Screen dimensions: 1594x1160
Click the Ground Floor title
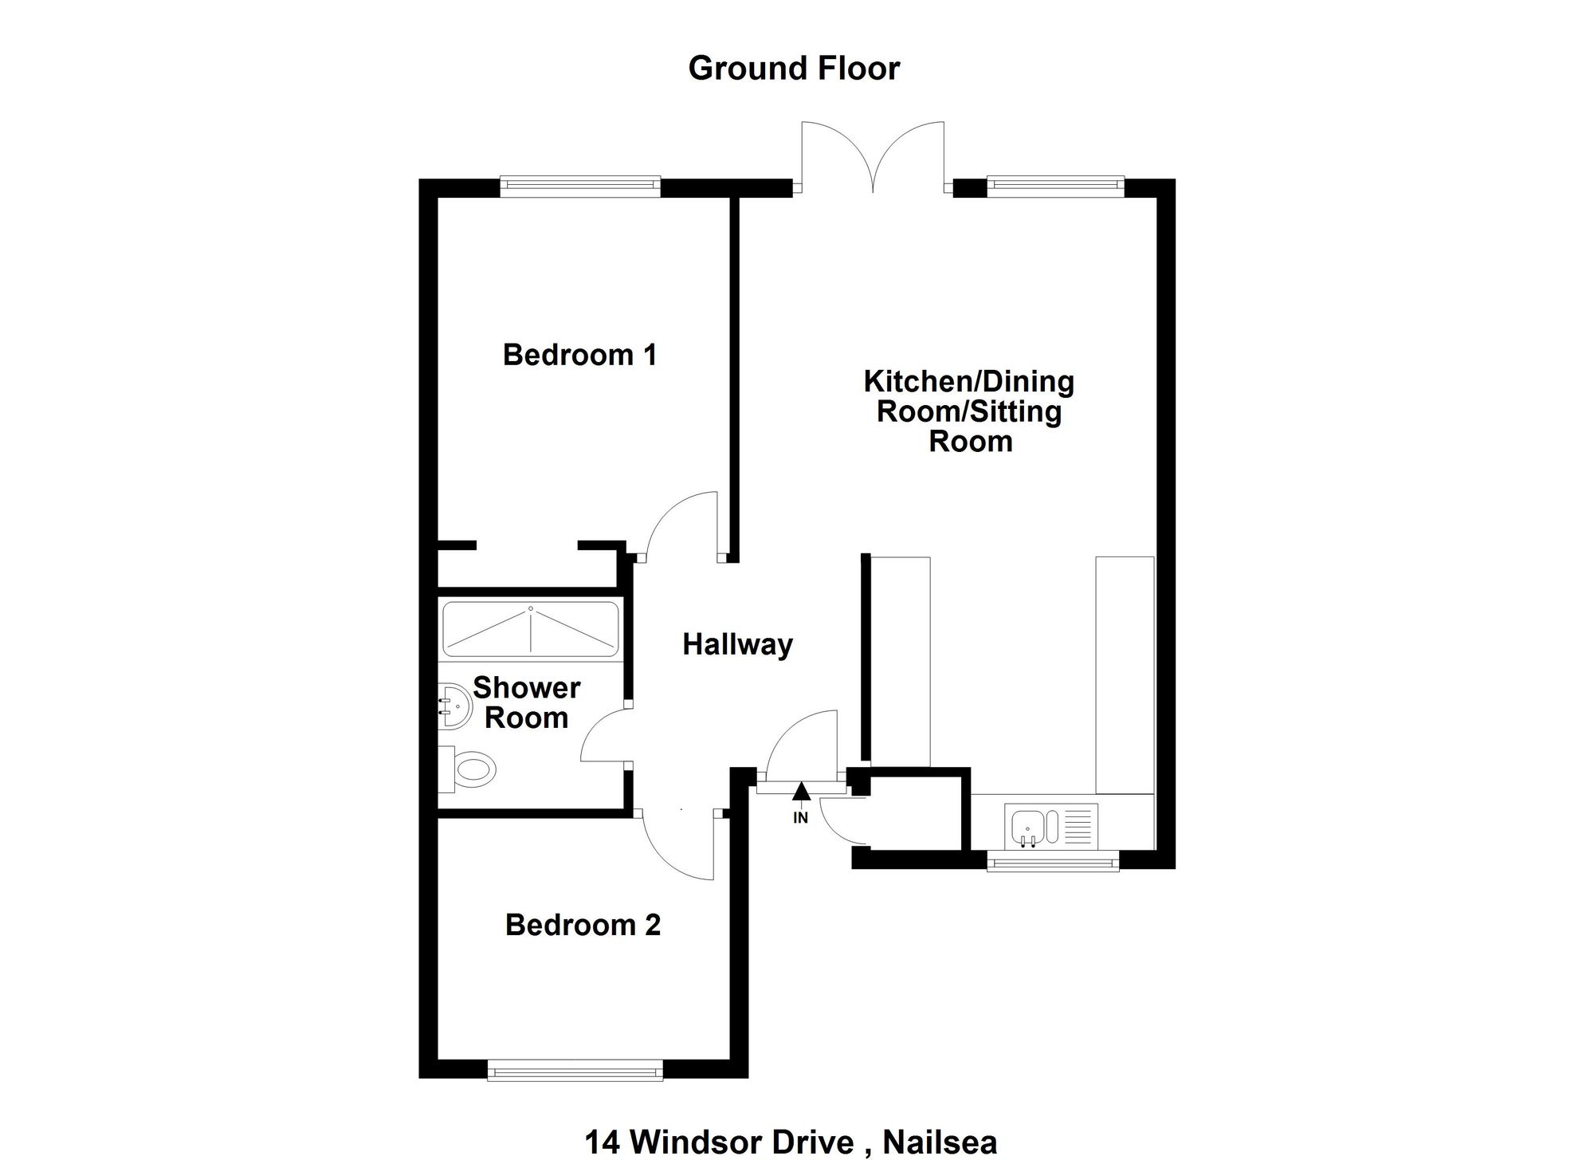tap(794, 69)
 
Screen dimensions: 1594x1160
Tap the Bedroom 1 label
tap(580, 355)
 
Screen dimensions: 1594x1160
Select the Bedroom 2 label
tap(583, 925)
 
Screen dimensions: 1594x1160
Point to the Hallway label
tap(738, 644)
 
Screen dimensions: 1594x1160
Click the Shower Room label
tap(527, 702)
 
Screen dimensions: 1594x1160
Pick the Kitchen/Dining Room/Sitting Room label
tap(970, 411)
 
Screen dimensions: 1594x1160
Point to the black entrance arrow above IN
tap(802, 791)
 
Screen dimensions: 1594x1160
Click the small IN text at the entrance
tap(801, 818)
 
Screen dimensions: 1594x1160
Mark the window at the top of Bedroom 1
tap(580, 187)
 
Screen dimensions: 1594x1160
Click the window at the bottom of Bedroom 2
tap(575, 1070)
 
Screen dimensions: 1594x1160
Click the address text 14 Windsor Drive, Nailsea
tap(791, 1142)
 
